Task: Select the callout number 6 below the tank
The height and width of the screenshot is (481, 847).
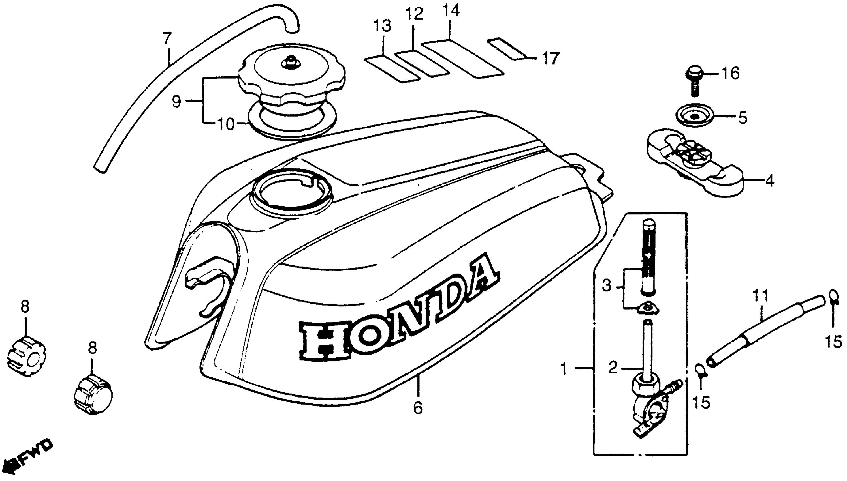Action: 418,408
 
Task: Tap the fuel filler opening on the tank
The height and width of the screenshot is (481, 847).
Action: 292,193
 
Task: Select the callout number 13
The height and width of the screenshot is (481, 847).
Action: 383,25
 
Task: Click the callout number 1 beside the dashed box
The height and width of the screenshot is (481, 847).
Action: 564,368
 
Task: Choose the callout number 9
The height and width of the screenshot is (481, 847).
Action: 177,102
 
